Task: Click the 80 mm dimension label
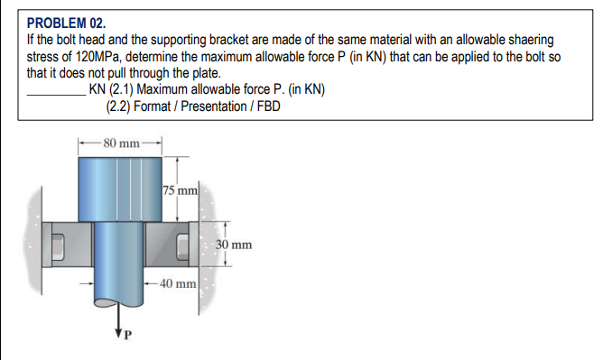pyautogui.click(x=121, y=143)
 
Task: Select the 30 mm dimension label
pyautogui.click(x=235, y=245)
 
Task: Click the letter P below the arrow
pyautogui.click(x=126, y=339)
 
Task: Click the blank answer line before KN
pyautogui.click(x=57, y=90)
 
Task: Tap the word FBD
pyautogui.click(x=268, y=106)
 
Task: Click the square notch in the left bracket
pyautogui.click(x=59, y=245)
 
